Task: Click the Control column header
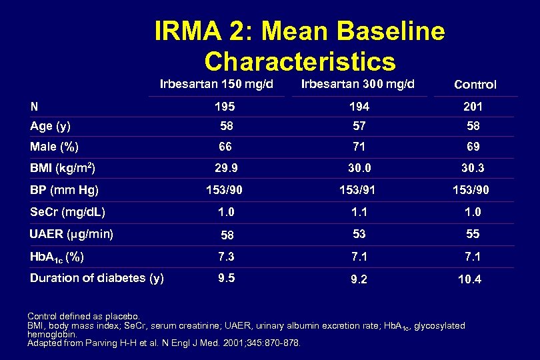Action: pyautogui.click(x=475, y=85)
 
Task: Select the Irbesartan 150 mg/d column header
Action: pyautogui.click(x=217, y=84)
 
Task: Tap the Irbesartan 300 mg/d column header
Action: pyautogui.click(x=358, y=84)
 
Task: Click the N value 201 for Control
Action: pyautogui.click(x=473, y=107)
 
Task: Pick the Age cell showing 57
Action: pyautogui.click(x=359, y=126)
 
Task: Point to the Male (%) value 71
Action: pyautogui.click(x=359, y=147)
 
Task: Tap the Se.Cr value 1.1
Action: pyautogui.click(x=359, y=212)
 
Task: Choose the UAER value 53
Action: pyautogui.click(x=359, y=234)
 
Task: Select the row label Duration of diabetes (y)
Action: pyautogui.click(x=97, y=278)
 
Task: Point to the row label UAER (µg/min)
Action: pyautogui.click(x=72, y=234)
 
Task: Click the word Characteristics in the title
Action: pyautogui.click(x=300, y=61)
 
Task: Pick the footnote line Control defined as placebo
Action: pyautogui.click(x=83, y=316)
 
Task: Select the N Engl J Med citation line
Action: pyautogui.click(x=164, y=343)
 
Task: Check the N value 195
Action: pyautogui.click(x=225, y=107)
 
